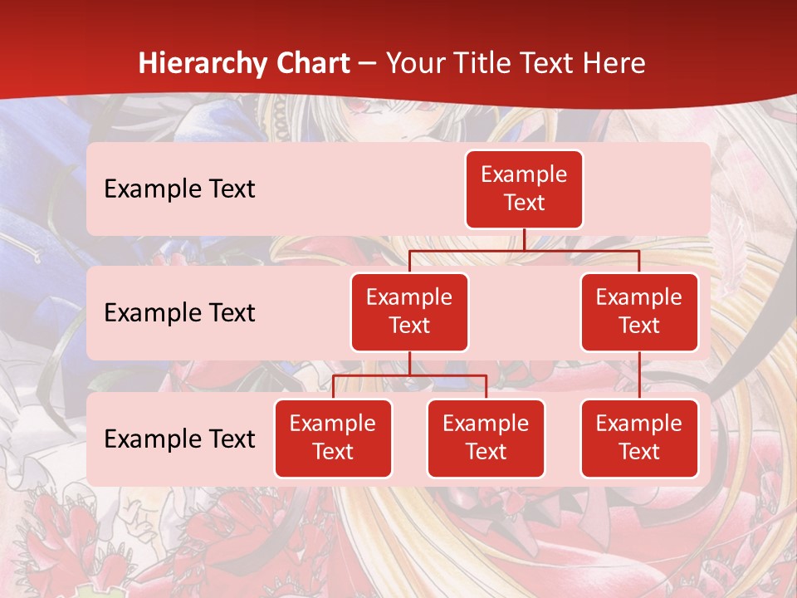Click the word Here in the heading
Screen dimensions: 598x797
[x=611, y=63]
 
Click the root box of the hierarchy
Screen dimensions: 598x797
[x=524, y=189]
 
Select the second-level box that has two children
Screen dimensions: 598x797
[x=409, y=311]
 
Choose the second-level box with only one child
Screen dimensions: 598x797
[x=639, y=311]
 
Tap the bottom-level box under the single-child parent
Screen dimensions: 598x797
[x=639, y=438]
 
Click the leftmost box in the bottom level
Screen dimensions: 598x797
[x=333, y=438]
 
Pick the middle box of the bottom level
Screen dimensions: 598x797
[x=486, y=438]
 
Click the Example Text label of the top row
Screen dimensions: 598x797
[x=179, y=189]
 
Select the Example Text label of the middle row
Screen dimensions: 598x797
[x=179, y=312]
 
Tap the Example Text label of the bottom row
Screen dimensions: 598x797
[x=179, y=439]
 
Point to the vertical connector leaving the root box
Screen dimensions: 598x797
[x=524, y=239]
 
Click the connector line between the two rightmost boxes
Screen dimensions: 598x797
[x=639, y=375]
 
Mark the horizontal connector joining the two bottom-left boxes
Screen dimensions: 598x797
[x=409, y=375]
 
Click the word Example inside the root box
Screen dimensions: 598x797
[x=524, y=174]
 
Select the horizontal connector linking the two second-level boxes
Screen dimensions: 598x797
[x=524, y=250]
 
